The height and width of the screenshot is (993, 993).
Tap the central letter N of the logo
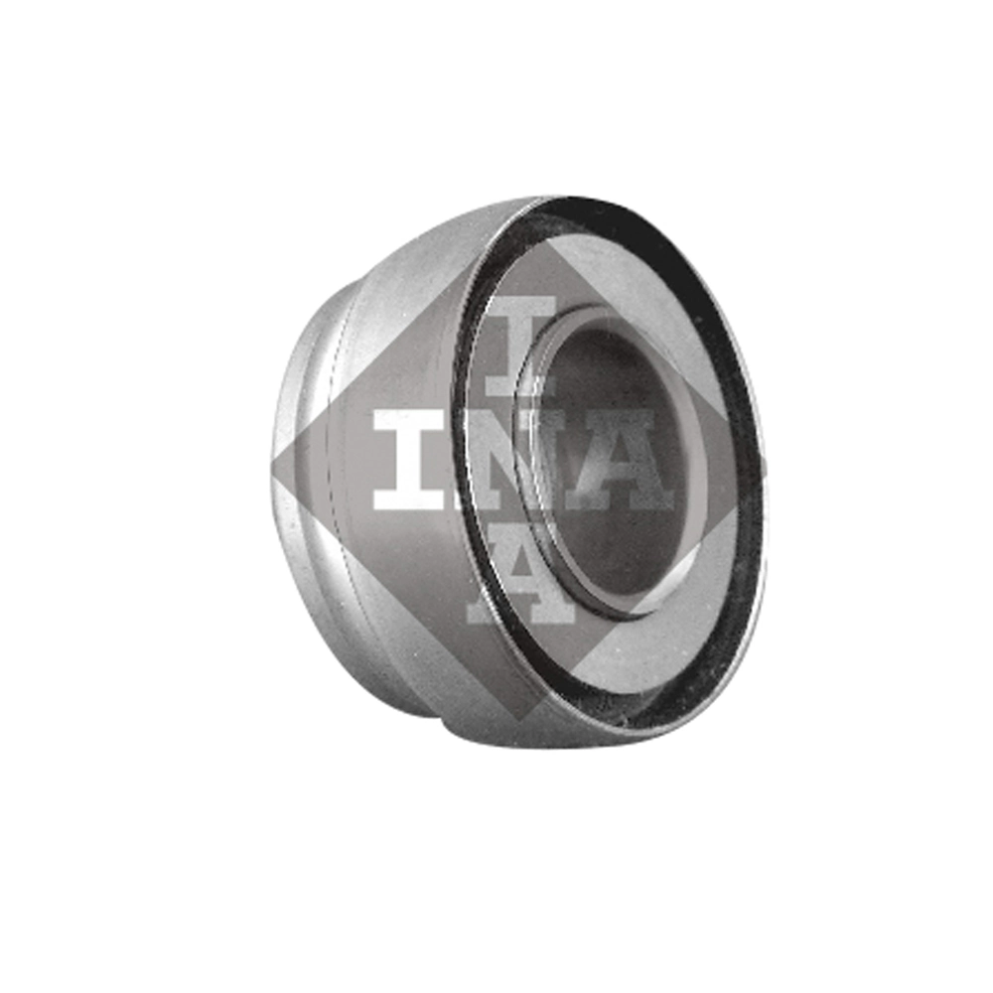point(519,460)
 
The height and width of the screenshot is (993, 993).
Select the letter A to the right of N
point(618,460)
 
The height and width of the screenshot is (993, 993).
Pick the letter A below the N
point(521,573)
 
